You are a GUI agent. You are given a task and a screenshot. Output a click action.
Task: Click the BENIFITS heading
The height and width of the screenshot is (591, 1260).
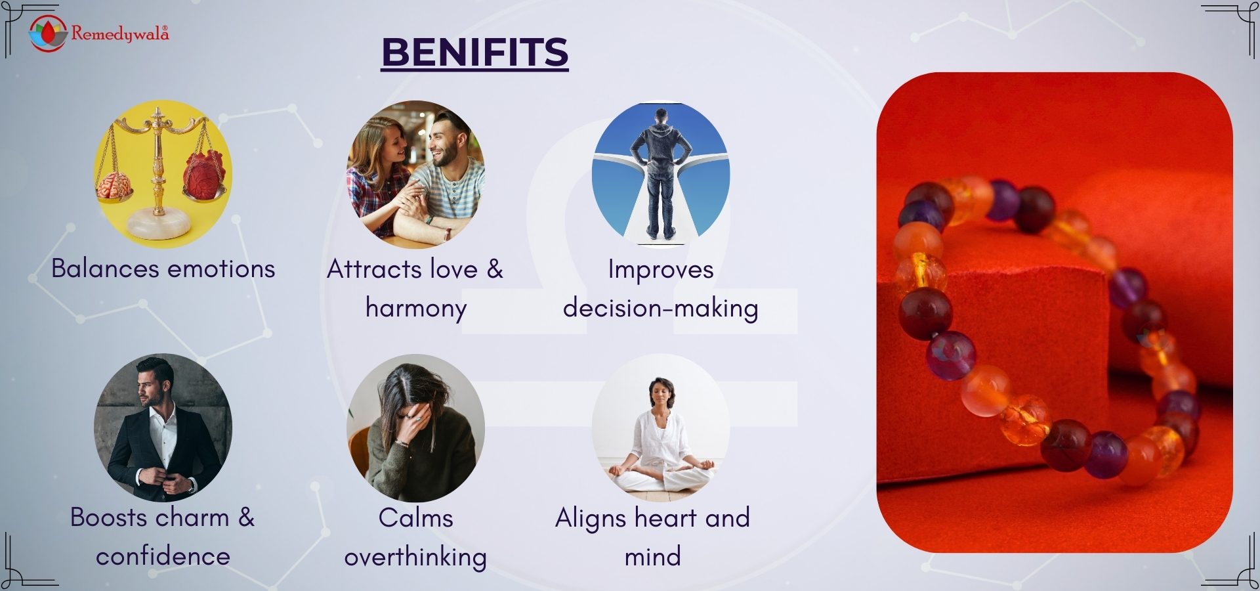474,52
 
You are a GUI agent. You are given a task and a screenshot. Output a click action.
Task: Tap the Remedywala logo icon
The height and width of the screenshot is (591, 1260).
48,33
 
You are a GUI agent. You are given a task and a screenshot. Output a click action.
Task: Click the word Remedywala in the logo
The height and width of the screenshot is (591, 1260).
120,33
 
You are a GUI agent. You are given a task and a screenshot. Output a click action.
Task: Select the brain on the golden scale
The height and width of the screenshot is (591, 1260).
115,185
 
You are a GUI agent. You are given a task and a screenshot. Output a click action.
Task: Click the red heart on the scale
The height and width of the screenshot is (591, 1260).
205,173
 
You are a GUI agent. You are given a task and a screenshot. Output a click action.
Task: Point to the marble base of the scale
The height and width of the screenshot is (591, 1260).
159,225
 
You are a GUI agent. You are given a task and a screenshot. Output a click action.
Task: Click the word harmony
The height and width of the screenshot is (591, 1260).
416,308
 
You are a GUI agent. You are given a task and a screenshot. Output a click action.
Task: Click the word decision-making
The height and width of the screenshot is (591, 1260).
660,308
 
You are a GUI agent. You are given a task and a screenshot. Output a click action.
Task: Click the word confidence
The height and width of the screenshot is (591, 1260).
163,557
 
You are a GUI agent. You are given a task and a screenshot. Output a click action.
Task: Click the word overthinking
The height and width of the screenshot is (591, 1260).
415,557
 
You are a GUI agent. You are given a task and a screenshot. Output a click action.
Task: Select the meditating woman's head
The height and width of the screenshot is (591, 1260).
661,392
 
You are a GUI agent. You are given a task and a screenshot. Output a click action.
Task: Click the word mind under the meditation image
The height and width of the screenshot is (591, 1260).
652,557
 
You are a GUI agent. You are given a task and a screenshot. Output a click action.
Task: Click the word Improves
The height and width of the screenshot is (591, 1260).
661,270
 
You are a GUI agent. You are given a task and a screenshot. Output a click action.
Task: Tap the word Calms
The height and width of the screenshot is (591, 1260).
415,518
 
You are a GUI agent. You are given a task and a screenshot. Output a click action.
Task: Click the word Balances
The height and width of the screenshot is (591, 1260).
105,269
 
